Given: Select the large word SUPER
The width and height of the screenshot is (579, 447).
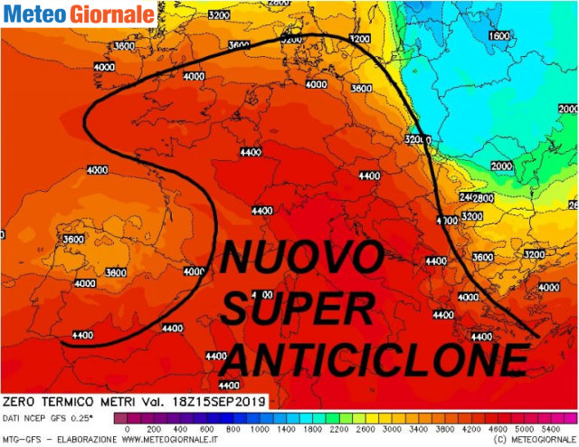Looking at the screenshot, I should [x=296, y=310].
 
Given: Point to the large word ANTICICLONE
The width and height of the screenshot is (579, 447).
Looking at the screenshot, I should [x=375, y=360].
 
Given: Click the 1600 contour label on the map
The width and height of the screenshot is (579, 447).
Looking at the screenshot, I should [x=499, y=36].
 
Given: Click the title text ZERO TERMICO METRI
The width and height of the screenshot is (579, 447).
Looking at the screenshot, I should [x=69, y=400].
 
